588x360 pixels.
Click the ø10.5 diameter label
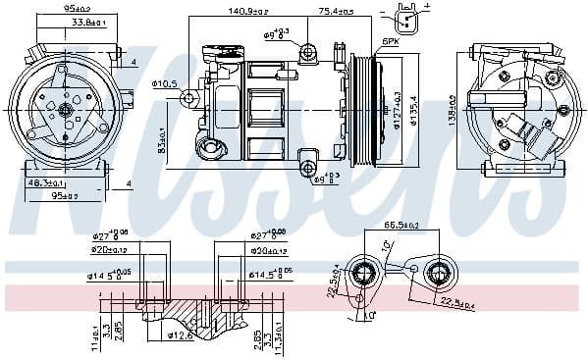(x=165, y=84)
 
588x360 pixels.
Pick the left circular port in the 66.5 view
(x=366, y=276)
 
